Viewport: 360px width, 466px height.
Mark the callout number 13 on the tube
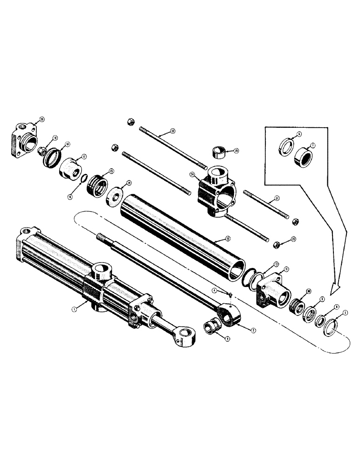click(227, 238)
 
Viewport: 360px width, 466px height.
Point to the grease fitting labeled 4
click(230, 293)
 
